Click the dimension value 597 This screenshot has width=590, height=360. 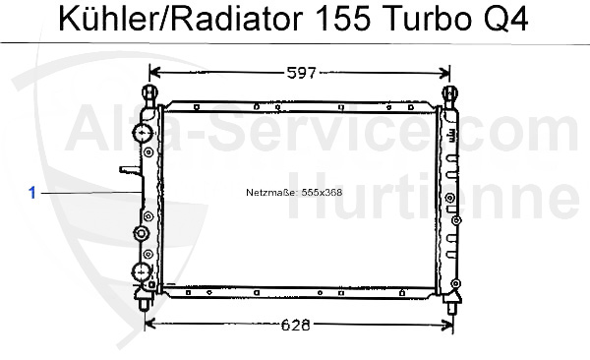pyautogui.click(x=302, y=73)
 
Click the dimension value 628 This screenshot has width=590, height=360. pyautogui.click(x=296, y=325)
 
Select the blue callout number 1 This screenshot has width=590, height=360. pyautogui.click(x=32, y=193)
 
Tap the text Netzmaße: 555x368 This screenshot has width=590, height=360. pyautogui.click(x=294, y=193)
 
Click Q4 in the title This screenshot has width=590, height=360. pyautogui.click(x=505, y=20)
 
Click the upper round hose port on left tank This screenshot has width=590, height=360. pyautogui.click(x=143, y=133)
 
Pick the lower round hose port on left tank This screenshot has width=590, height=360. pyautogui.click(x=142, y=271)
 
